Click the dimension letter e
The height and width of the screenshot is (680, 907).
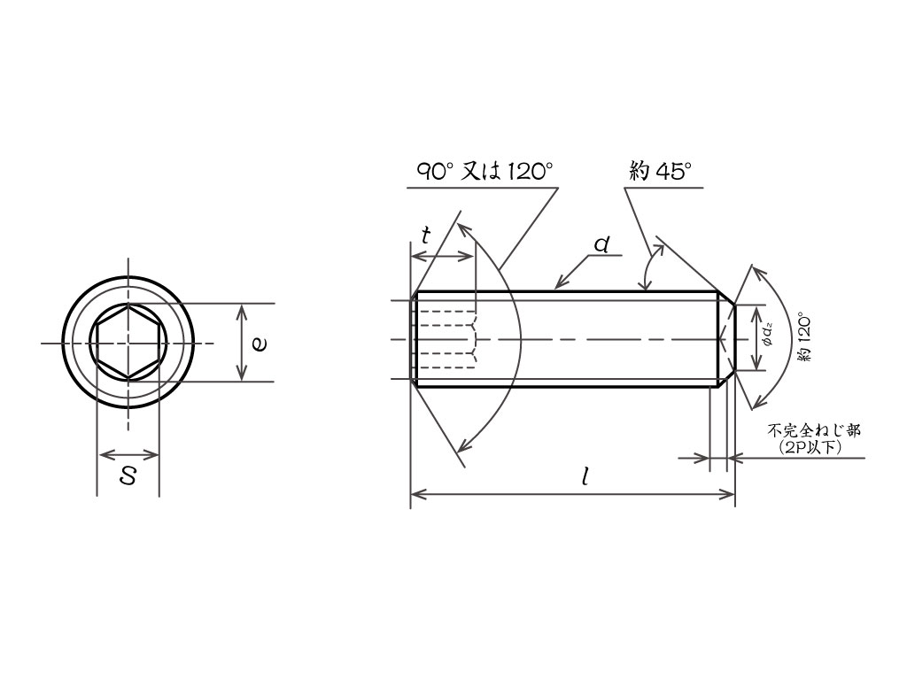(260, 344)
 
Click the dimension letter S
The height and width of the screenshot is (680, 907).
(128, 476)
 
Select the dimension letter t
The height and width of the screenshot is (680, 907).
(426, 236)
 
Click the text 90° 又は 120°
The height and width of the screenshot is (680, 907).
(485, 172)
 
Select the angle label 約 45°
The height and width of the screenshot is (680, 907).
(660, 172)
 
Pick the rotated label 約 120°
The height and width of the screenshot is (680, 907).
(804, 338)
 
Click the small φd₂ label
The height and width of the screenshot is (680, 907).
(768, 338)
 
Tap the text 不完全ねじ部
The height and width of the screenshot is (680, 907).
(814, 431)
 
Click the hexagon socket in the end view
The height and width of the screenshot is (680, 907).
(128, 342)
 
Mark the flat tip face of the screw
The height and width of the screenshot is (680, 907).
(735, 338)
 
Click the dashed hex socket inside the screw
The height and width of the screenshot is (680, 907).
(446, 339)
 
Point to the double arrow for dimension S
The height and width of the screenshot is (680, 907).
(128, 454)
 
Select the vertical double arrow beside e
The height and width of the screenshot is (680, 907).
(243, 343)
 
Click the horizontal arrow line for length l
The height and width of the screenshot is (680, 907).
(573, 494)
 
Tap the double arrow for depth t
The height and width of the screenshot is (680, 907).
(442, 256)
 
